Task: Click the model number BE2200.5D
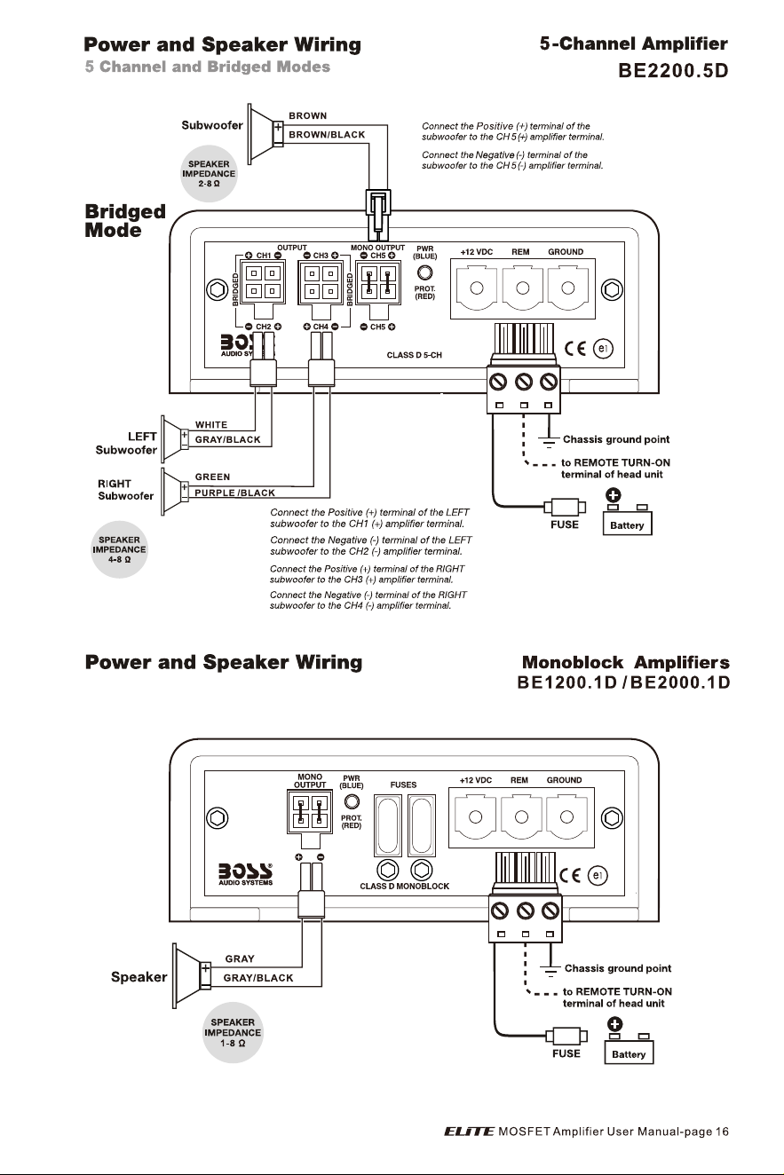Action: pyautogui.click(x=673, y=70)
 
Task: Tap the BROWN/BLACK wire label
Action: pyautogui.click(x=327, y=135)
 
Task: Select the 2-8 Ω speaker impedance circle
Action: pyautogui.click(x=209, y=174)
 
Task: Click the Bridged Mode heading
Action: pyautogui.click(x=125, y=221)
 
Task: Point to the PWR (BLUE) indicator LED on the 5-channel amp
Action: pyautogui.click(x=424, y=272)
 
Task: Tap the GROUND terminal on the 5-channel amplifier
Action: pyautogui.click(x=567, y=288)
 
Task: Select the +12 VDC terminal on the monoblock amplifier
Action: pyautogui.click(x=475, y=816)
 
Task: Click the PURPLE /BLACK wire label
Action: pyautogui.click(x=234, y=493)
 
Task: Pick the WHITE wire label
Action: pyautogui.click(x=211, y=425)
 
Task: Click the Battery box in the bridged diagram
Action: pyautogui.click(x=628, y=524)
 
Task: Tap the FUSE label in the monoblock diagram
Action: pyautogui.click(x=566, y=1053)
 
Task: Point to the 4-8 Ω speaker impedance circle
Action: pyautogui.click(x=119, y=549)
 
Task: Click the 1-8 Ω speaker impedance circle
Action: pyautogui.click(x=233, y=1032)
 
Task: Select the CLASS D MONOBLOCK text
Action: pyautogui.click(x=405, y=886)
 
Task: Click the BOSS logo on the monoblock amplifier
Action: pyautogui.click(x=246, y=874)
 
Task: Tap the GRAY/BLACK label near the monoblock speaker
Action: pyautogui.click(x=258, y=978)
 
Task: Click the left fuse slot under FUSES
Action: pyautogui.click(x=388, y=825)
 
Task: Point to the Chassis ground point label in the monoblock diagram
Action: pyautogui.click(x=618, y=968)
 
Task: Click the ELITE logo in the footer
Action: pyautogui.click(x=469, y=1132)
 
